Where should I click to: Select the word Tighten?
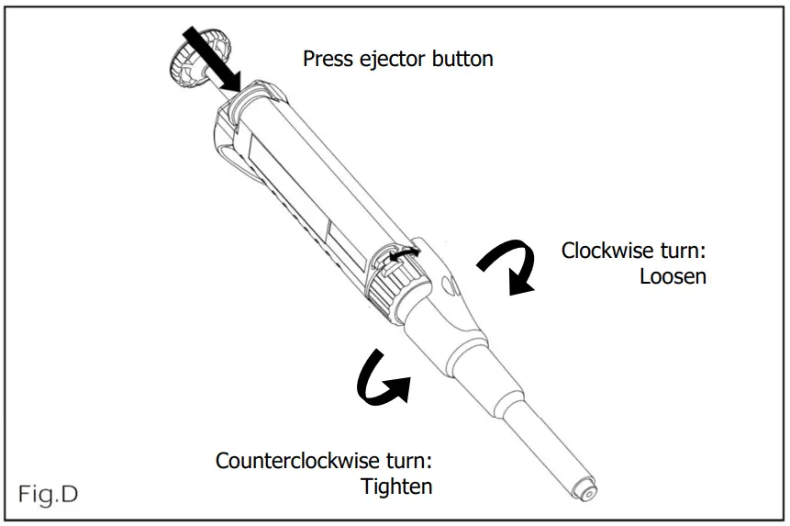[x=396, y=486]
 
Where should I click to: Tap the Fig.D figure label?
[x=48, y=494]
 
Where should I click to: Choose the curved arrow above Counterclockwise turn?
[x=381, y=379]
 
